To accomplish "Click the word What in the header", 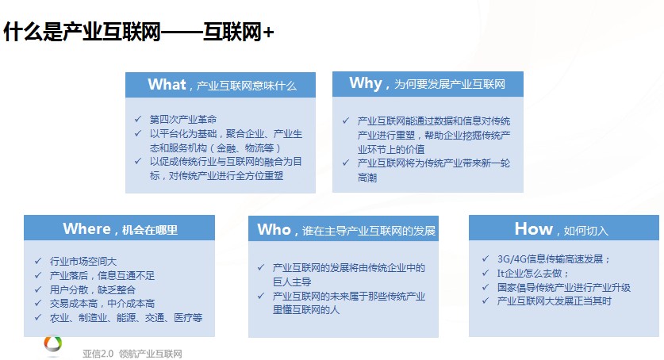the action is click(167, 85).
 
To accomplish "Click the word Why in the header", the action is click(366, 83).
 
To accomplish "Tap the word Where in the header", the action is click(86, 229).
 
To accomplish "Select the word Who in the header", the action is click(274, 229).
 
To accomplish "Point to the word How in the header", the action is click(534, 229).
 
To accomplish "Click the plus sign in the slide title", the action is click(268, 33).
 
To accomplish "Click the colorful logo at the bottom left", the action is click(53, 343).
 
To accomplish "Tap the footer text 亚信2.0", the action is click(98, 354).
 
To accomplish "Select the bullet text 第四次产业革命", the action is click(183, 119).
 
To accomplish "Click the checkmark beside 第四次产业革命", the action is click(137, 119).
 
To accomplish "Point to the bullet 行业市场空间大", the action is click(83, 262).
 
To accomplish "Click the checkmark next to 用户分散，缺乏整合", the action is click(38, 289).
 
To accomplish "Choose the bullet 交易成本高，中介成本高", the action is click(102, 304).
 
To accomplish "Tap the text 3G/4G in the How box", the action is click(512, 259).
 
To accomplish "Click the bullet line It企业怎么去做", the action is click(533, 274).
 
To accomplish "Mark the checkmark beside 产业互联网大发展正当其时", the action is click(486, 301).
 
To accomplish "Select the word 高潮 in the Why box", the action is click(367, 178).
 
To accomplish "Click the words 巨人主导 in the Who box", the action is click(292, 281).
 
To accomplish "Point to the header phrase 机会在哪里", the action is click(150, 230).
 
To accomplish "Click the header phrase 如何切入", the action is click(586, 231).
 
